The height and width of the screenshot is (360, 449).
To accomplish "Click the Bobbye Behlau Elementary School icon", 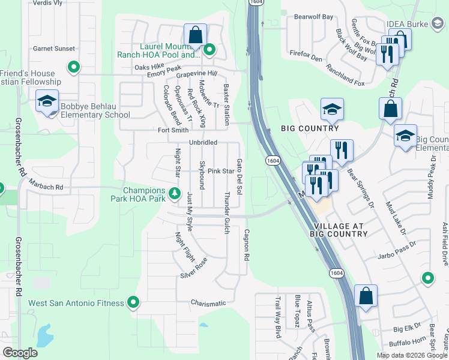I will (47, 101).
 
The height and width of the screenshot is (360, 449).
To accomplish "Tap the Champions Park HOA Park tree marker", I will (174, 193).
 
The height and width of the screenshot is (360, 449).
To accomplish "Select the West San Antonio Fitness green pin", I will (133, 303).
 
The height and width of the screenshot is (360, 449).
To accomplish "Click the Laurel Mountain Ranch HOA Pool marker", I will (209, 50).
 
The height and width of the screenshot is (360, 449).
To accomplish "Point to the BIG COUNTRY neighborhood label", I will (310, 128).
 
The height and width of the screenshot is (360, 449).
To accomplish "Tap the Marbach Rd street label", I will (46, 187).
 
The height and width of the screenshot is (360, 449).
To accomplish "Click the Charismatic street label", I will (208, 303).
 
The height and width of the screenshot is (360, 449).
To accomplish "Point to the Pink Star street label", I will (220, 171).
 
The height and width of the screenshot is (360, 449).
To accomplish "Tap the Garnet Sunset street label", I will (54, 49).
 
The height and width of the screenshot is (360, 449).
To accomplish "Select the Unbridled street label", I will (203, 143).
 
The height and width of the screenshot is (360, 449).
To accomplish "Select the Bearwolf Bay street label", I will (313, 17).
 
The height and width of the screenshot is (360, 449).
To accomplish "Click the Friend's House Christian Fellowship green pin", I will (74, 67).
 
